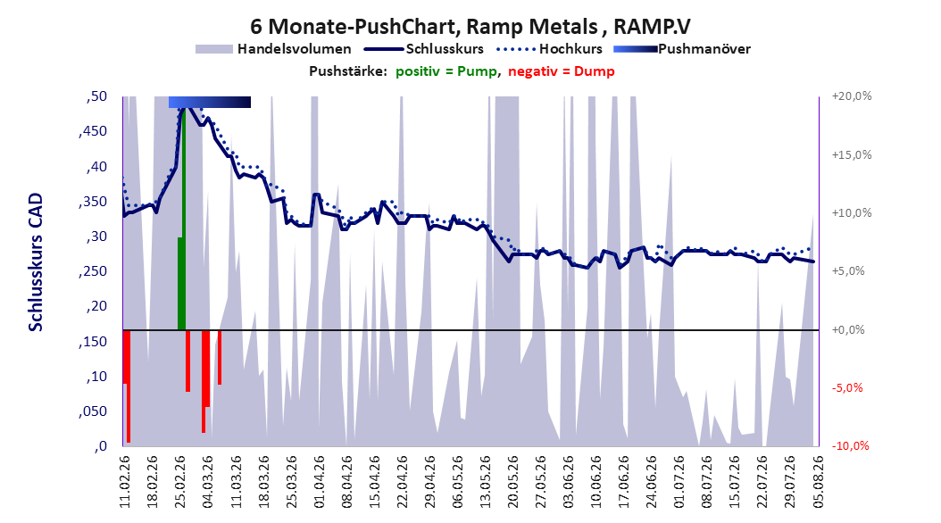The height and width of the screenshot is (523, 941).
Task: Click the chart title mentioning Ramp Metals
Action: click(470, 27)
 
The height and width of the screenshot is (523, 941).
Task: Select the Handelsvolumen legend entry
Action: click(273, 49)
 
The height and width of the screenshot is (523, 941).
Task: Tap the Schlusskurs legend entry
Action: click(424, 49)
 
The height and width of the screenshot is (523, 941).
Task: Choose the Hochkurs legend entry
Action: click(549, 49)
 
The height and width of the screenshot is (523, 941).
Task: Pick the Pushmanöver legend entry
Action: click(682, 49)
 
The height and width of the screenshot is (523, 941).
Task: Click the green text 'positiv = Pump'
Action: click(446, 71)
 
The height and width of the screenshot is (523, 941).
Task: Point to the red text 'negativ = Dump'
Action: click(562, 71)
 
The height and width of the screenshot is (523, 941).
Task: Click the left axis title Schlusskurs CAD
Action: click(36, 261)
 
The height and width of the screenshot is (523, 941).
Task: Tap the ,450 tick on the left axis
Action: click(93, 131)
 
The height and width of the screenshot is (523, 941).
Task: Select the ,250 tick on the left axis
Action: click(93, 271)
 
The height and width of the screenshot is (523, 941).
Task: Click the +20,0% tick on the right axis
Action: click(852, 96)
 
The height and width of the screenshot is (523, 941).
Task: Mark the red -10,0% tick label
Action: click(850, 445)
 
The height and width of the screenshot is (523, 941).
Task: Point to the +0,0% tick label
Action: click(848, 330)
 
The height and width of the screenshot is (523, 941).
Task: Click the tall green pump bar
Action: click(183, 219)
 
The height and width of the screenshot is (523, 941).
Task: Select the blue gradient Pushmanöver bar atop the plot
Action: click(210, 102)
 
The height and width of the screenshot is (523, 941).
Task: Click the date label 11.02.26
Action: click(124, 481)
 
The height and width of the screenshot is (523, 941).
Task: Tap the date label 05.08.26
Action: click(818, 481)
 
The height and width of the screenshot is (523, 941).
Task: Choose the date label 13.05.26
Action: click(485, 481)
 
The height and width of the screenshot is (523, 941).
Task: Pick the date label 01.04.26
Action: click(319, 481)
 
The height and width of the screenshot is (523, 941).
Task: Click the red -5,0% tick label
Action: click(847, 387)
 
